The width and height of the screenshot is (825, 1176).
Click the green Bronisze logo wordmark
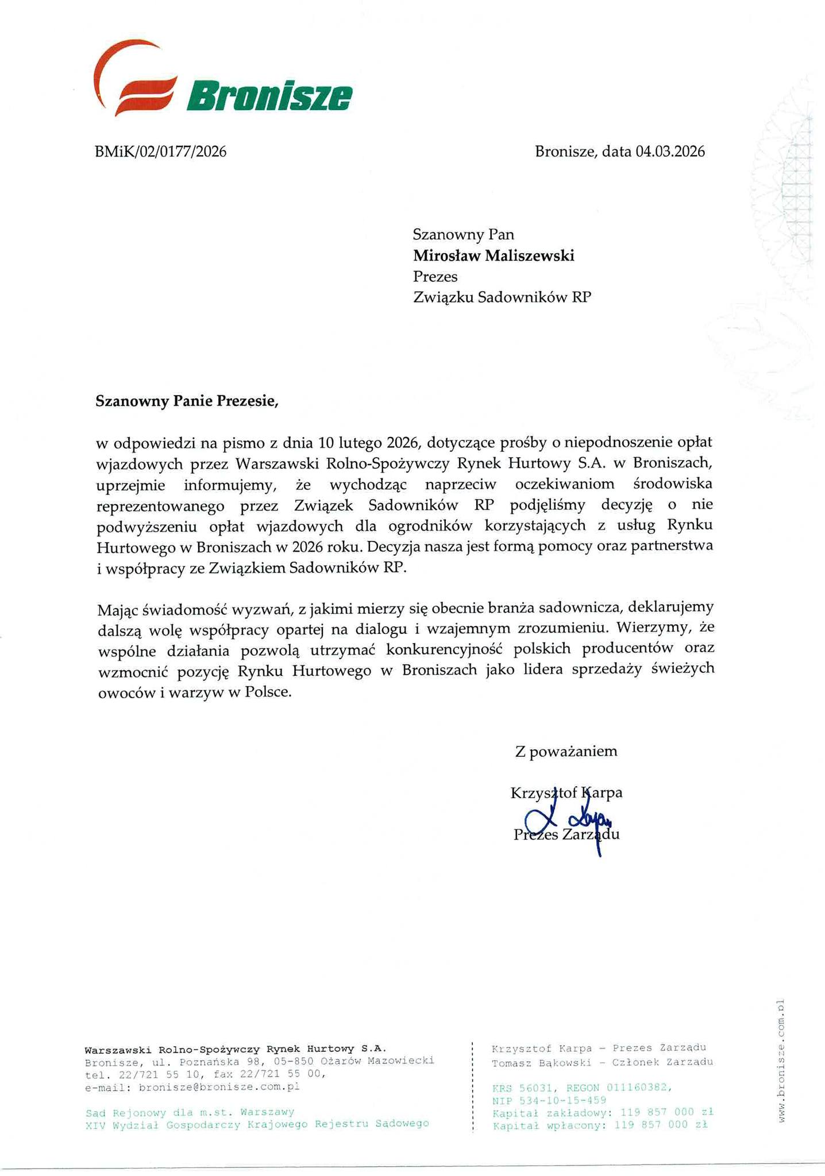tap(269, 96)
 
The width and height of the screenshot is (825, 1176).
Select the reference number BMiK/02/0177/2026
tap(160, 152)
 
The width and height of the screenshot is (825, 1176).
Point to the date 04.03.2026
tap(670, 152)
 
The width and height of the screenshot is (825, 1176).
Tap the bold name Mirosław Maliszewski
tap(494, 256)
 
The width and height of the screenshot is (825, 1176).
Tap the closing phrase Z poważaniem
tap(566, 751)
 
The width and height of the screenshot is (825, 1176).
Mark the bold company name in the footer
tap(235, 1048)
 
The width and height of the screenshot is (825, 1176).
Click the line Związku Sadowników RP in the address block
tap(502, 297)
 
